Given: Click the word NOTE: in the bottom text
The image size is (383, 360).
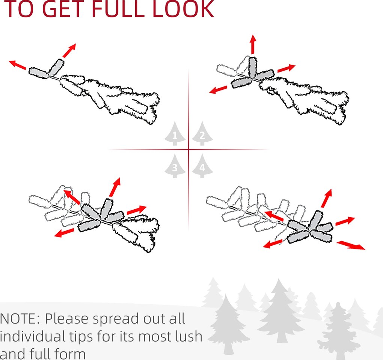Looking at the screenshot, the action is click(20, 319).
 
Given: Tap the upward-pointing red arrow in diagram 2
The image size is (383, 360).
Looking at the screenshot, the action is click(253, 44).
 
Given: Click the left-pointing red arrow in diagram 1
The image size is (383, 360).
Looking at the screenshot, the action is click(17, 65).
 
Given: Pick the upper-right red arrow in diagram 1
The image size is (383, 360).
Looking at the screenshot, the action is click(69, 51).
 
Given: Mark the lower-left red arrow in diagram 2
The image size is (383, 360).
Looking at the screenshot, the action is click(219, 90).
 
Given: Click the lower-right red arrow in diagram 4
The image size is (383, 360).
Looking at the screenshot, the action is click(351, 245).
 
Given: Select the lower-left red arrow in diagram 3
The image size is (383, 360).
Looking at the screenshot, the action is click(64, 233).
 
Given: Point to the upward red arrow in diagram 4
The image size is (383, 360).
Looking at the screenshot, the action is click(327, 198).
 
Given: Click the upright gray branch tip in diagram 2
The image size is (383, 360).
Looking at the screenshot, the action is click(252, 67).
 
